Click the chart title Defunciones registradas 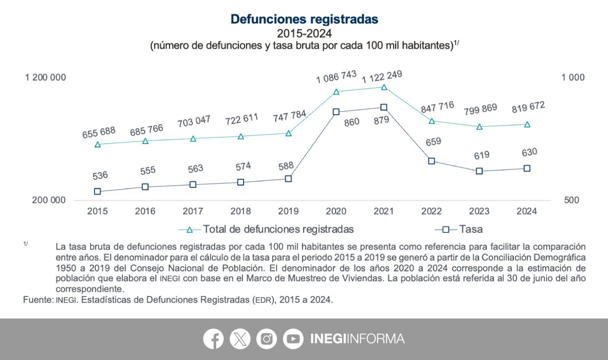point(304,19)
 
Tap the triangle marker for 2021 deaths point(384,87)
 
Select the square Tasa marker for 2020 point(336,112)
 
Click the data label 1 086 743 point(336,76)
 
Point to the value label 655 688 point(99,133)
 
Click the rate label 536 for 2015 point(100,175)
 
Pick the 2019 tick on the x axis point(288,211)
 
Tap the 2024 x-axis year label point(527,211)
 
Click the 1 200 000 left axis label point(45,77)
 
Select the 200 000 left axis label point(49,200)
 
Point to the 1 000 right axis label point(573,77)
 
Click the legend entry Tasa point(470,229)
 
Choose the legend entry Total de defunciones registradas point(278,229)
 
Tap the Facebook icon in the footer point(213,339)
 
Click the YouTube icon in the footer point(293,339)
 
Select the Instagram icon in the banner point(266,339)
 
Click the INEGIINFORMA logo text point(357,339)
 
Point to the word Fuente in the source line point(37,300)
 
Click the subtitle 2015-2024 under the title point(304,33)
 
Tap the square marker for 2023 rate point(479,171)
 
